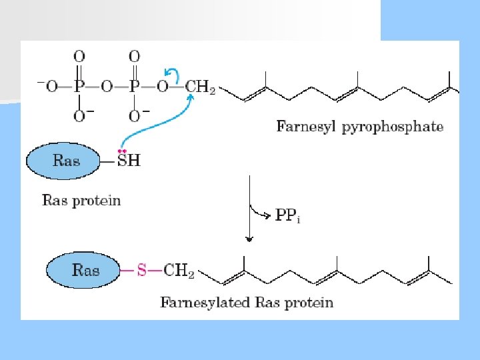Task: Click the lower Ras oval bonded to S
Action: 85,271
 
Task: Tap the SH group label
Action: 128,161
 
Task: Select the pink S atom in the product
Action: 141,271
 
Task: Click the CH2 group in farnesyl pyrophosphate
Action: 199,87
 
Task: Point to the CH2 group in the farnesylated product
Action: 179,271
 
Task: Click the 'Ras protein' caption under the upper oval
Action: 81,199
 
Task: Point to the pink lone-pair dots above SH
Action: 122,151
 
